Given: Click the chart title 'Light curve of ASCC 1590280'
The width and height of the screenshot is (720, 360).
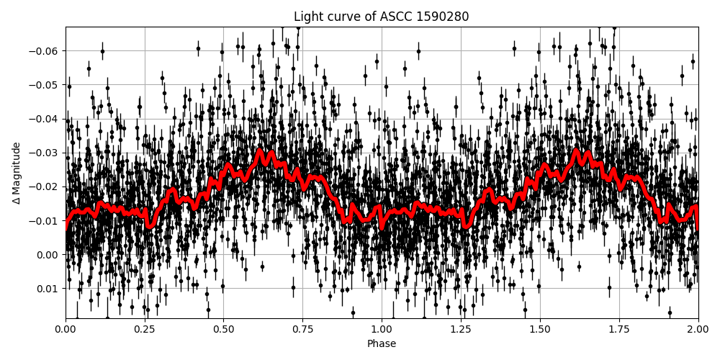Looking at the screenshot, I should pos(381,17).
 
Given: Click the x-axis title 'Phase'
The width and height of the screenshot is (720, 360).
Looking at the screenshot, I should pos(381,343).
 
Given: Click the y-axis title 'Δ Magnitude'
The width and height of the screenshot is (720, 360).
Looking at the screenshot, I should pos(16,173).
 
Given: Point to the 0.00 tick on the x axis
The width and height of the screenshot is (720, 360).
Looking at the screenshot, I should pos(66,329).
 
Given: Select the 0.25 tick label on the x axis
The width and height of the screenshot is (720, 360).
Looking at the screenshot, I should pos(145,329).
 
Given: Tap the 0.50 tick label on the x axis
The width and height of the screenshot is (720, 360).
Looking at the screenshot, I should pos(223,329).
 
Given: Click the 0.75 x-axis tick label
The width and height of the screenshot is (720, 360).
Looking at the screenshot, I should pos(302,329).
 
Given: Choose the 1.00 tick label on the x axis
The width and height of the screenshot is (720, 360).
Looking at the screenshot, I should pos(382,329).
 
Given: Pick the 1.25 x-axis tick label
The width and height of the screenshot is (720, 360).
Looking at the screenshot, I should pos(461,329).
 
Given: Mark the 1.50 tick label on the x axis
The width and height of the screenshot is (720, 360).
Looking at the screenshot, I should pos(540,329).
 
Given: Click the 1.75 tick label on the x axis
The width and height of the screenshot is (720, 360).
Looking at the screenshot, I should pos(618,329).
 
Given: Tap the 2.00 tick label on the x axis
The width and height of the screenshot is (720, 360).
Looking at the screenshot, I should pos(698,329).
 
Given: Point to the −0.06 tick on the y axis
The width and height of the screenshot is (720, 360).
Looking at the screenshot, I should pos(45,51).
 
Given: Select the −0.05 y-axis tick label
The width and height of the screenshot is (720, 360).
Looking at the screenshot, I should pos(45,85).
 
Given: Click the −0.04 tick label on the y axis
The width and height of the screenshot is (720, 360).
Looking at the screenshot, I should pos(45,119).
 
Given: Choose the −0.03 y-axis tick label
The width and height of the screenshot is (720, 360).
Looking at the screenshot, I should pos(45,153).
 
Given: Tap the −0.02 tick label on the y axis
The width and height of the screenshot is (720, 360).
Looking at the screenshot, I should pos(45,186).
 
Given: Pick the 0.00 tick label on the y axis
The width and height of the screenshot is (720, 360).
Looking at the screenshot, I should pos(48,255).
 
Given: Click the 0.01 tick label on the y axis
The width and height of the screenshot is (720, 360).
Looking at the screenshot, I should pos(48,289).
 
